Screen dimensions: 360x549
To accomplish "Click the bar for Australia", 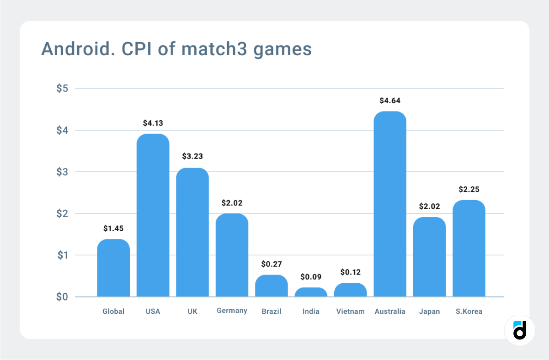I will [x=390, y=204].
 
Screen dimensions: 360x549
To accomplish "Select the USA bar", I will [x=153, y=215].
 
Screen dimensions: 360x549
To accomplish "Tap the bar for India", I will [x=311, y=292].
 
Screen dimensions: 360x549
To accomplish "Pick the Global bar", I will [x=113, y=268].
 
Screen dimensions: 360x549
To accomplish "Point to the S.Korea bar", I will [x=469, y=249].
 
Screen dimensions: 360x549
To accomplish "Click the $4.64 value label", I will [x=390, y=101].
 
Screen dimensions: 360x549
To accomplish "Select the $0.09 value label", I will [x=311, y=276].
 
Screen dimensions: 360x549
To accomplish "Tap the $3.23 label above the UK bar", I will [x=192, y=156].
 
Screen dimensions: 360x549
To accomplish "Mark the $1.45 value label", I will [x=113, y=228].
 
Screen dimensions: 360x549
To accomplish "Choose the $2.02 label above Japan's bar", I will [x=429, y=206].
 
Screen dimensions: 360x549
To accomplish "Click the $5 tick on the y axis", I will [x=62, y=89].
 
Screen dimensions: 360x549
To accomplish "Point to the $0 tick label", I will [x=62, y=297].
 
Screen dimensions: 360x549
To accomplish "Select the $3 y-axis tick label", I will [x=62, y=172].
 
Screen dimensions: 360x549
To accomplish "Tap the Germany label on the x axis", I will [x=232, y=311].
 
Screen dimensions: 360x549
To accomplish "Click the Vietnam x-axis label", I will [x=350, y=312].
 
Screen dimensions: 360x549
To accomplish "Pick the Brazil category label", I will [x=272, y=312].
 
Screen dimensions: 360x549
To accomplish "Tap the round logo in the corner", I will [x=519, y=330].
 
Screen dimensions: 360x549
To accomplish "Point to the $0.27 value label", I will [x=272, y=264].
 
